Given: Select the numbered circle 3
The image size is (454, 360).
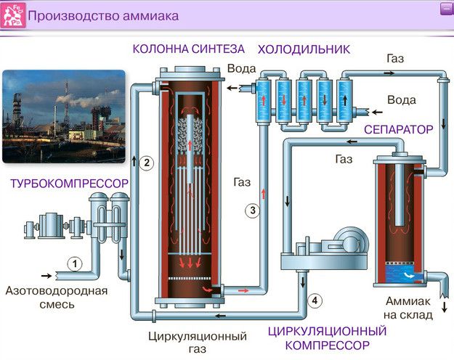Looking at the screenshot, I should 252,211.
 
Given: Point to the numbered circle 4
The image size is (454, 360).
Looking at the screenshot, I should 314,299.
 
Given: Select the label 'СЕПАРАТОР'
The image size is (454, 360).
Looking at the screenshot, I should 399,129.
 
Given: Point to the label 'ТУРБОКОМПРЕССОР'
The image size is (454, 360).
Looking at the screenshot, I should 69,184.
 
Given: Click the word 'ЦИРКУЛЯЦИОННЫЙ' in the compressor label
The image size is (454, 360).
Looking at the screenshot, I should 327,331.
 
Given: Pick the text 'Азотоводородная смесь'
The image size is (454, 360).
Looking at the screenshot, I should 56,298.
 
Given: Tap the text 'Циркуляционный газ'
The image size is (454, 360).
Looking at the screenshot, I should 197,343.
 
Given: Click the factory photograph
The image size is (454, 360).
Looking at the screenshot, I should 63,116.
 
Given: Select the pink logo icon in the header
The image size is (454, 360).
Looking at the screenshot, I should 15,15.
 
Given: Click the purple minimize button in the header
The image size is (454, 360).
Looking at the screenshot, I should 445,9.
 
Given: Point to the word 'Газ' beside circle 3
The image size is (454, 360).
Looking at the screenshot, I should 242,182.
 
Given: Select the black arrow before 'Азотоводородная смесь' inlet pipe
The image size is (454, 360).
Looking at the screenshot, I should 46,276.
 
